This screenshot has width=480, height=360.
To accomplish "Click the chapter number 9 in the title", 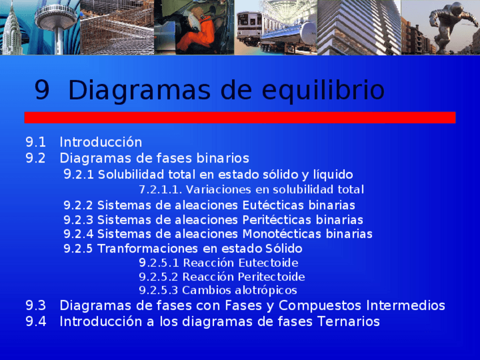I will pyautogui.click(x=42, y=91).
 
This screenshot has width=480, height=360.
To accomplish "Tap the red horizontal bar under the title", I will pyautogui.click(x=240, y=117).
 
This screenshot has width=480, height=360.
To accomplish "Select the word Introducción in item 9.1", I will pyautogui.click(x=101, y=142).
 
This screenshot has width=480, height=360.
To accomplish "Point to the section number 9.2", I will pyautogui.click(x=36, y=158).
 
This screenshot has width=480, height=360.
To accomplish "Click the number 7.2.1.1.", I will pyautogui.click(x=160, y=189).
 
